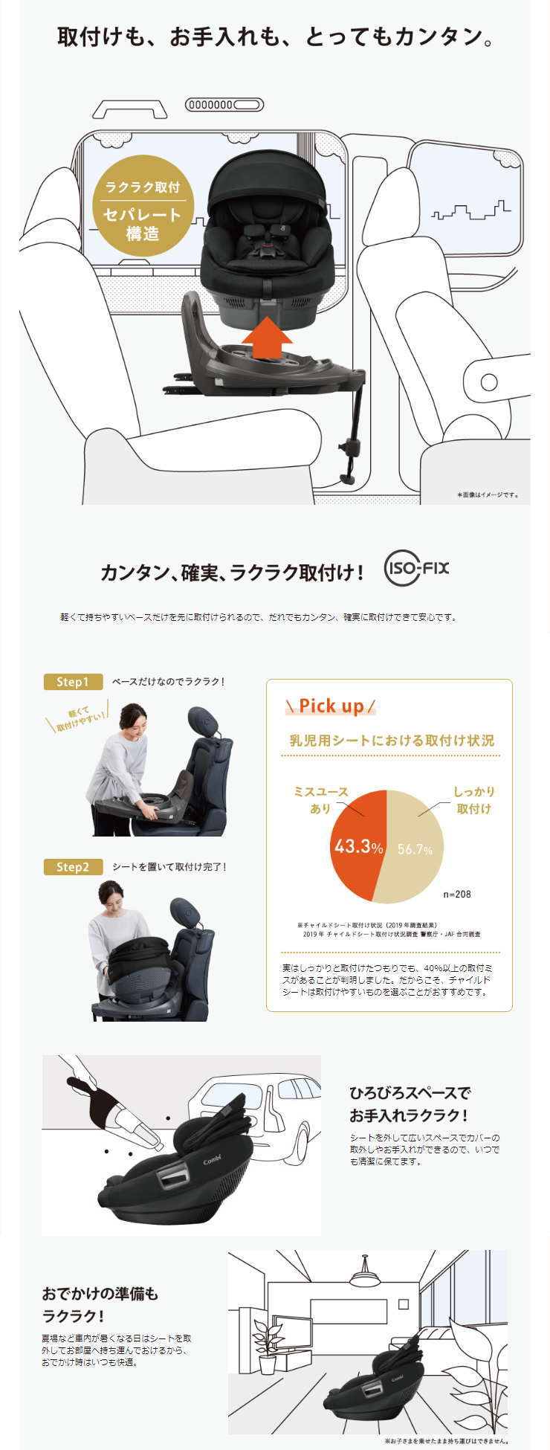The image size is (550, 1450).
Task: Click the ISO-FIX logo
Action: click(416, 570)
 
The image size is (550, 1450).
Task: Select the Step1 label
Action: click(73, 682)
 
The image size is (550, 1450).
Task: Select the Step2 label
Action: click(73, 867)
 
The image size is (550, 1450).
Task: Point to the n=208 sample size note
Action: click(457, 894)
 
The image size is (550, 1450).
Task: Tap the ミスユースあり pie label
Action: click(321, 799)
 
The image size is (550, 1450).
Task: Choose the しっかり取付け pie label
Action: click(474, 799)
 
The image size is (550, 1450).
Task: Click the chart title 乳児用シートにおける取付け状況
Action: click(392, 740)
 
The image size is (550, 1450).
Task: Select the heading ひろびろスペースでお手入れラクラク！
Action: click(410, 1104)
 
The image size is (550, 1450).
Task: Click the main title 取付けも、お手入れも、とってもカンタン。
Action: click(275, 37)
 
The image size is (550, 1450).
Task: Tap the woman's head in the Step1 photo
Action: click(134, 717)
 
